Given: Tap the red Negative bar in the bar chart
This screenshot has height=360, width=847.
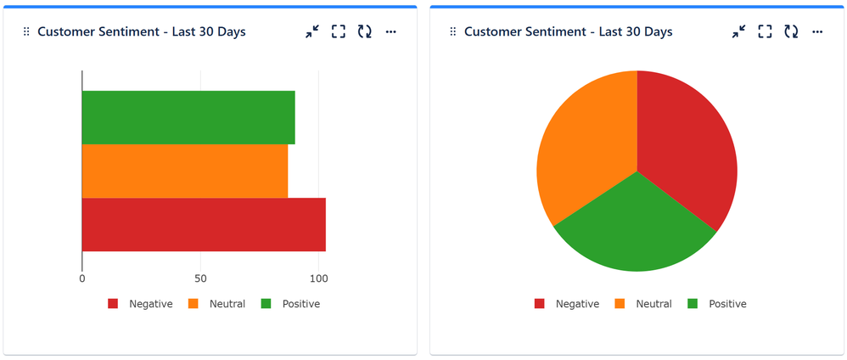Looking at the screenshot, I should pyautogui.click(x=204, y=225).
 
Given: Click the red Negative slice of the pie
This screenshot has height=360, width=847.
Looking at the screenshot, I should pyautogui.click(x=683, y=153).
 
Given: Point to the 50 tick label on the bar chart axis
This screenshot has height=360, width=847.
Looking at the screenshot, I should pyautogui.click(x=200, y=278).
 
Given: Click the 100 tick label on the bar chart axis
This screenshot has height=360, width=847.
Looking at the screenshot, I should pyautogui.click(x=318, y=278).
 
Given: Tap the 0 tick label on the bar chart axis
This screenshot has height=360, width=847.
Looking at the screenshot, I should pyautogui.click(x=82, y=278).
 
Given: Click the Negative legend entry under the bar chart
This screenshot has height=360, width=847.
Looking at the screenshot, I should pyautogui.click(x=150, y=304).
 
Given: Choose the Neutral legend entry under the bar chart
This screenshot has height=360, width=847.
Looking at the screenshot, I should pyautogui.click(x=227, y=304).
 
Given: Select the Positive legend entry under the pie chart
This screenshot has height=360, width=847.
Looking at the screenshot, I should pyautogui.click(x=726, y=304).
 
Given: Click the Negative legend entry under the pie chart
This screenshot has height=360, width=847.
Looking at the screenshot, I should pyautogui.click(x=577, y=304).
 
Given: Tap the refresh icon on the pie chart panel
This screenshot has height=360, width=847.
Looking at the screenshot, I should pyautogui.click(x=791, y=31).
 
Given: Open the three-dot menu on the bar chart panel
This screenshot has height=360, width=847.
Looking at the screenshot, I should pyautogui.click(x=390, y=31).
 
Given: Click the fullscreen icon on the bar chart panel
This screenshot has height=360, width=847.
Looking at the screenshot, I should pyautogui.click(x=338, y=31).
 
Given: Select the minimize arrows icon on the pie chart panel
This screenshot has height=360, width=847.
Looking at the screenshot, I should pyautogui.click(x=739, y=31).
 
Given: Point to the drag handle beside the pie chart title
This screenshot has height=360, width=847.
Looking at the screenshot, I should pyautogui.click(x=452, y=31).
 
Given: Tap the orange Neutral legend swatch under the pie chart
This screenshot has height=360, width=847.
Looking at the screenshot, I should pyautogui.click(x=619, y=304).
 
